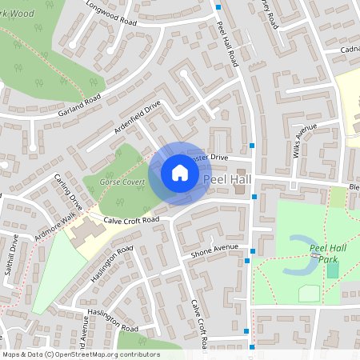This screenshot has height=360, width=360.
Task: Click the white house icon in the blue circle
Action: click(x=180, y=173)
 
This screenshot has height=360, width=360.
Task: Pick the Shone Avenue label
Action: click(x=214, y=251)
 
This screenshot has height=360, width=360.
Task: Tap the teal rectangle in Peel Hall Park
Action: click(x=332, y=270)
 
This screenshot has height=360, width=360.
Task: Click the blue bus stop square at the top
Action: click(x=218, y=6)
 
